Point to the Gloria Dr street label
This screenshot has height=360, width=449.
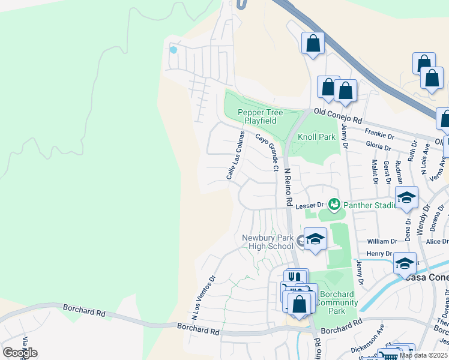point(379,146)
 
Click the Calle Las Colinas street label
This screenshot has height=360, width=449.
point(235,155)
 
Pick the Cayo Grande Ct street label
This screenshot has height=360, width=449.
point(267,152)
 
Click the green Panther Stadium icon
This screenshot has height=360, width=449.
point(334,205)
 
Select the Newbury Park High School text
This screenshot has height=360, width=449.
point(268,242)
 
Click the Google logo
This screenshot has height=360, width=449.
point(20,352)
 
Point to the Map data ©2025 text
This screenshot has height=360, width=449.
point(423,355)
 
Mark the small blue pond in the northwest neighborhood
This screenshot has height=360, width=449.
point(173,50)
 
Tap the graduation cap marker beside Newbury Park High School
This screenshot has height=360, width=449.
point(315,239)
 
